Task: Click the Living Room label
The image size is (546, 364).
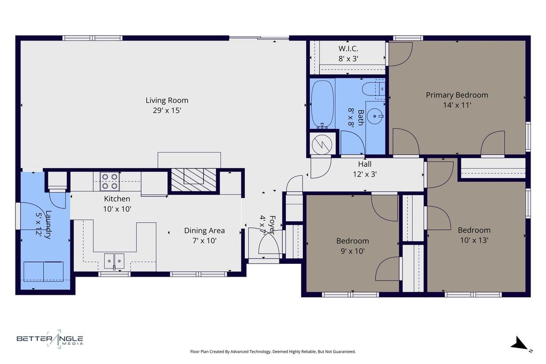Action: click(x=167, y=101)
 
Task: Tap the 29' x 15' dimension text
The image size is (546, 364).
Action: click(x=167, y=111)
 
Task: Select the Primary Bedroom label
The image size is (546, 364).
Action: click(x=457, y=95)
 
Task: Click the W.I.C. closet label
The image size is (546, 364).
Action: click(x=348, y=48)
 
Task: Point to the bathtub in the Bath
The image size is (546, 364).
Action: click(x=322, y=103)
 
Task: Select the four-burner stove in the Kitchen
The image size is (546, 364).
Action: click(x=110, y=181)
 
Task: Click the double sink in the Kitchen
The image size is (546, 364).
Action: click(x=114, y=261)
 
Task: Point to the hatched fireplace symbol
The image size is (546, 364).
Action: click(x=193, y=180)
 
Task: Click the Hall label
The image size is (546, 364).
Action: click(x=365, y=164)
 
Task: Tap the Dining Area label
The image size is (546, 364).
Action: click(x=204, y=231)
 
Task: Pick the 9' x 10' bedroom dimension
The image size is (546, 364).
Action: click(x=352, y=251)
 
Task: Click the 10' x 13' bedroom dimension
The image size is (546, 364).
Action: click(x=474, y=240)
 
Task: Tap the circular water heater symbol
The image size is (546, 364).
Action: click(x=322, y=144)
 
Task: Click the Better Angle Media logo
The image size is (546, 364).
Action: click(x=50, y=339)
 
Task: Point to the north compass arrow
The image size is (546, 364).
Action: click(x=520, y=344)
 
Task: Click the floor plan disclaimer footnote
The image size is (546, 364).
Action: click(x=273, y=352)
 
